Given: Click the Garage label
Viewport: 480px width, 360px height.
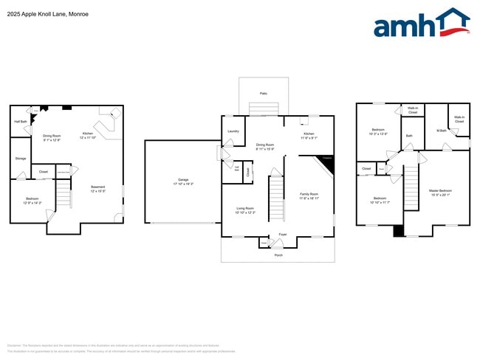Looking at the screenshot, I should pyautogui.click(x=182, y=181).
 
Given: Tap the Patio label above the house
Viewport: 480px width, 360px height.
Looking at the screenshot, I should pyautogui.click(x=263, y=94).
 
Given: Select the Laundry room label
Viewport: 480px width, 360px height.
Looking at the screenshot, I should pyautogui.click(x=233, y=131).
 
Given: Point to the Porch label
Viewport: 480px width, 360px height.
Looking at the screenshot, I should pyautogui.click(x=278, y=255).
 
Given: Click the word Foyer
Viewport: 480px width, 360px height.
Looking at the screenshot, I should pyautogui.click(x=282, y=235).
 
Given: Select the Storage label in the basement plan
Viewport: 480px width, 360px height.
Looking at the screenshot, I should pyautogui.click(x=21, y=158).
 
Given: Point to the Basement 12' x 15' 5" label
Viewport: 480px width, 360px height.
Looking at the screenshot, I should pyautogui.click(x=97, y=189).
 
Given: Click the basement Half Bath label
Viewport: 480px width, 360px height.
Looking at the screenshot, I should pyautogui.click(x=20, y=121).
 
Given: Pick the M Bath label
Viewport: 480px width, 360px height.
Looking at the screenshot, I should pyautogui.click(x=442, y=131).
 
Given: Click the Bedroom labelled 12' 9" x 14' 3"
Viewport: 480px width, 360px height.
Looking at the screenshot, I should pyautogui.click(x=32, y=200).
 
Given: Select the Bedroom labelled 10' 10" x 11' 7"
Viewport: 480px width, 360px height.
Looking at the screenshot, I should pyautogui.click(x=380, y=200).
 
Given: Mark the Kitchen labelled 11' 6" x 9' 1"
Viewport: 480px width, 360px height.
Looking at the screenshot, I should pyautogui.click(x=309, y=135).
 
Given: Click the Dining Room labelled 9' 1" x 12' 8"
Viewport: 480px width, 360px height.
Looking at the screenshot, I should pyautogui.click(x=52, y=137).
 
